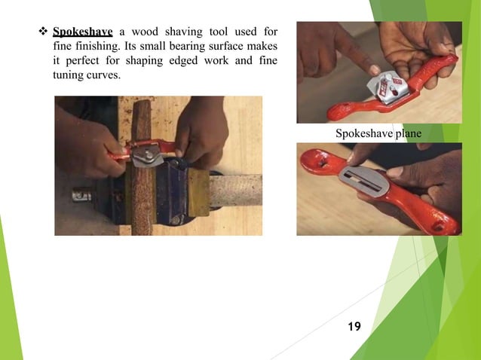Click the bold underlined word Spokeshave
coord(82,32)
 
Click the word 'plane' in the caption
coord(406,133)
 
